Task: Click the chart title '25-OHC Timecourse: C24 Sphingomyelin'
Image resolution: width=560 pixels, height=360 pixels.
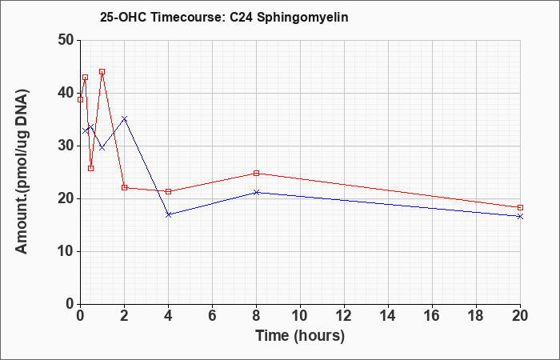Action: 224,17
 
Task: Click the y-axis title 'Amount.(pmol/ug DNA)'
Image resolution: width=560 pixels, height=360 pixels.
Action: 22,172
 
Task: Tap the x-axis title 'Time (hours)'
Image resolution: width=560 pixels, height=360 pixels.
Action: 300,336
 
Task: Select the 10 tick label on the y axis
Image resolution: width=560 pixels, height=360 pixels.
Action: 66,251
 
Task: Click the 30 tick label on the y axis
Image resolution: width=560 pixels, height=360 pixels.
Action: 66,146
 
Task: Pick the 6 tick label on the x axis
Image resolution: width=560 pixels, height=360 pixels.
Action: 213,316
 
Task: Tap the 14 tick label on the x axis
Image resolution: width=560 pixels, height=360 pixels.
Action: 388,316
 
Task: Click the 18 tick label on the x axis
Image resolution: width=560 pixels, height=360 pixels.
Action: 476,316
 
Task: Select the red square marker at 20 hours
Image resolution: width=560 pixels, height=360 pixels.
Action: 520,207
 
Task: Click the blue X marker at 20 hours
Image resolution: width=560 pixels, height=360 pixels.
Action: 520,217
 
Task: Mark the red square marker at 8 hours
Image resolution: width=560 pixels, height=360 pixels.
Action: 257,174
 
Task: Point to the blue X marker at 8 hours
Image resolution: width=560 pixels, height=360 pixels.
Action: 257,193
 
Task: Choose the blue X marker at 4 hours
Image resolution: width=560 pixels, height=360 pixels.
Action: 169,214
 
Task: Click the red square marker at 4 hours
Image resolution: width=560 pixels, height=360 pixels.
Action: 169,191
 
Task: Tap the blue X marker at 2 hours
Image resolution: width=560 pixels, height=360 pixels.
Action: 124,118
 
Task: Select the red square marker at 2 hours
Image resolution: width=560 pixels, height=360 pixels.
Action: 124,187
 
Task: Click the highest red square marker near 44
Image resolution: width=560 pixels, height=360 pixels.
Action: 102,71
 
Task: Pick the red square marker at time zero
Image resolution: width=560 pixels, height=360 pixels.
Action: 80,100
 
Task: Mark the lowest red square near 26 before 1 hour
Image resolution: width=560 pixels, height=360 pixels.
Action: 90,168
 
